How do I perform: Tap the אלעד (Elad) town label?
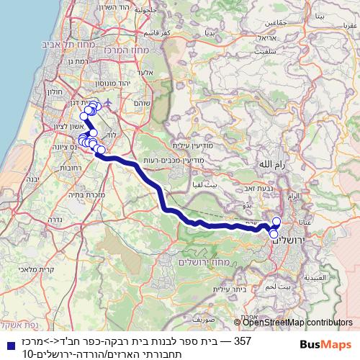[x=143, y=74]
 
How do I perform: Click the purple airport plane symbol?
[x=107, y=103]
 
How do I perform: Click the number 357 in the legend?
[x=243, y=342]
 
